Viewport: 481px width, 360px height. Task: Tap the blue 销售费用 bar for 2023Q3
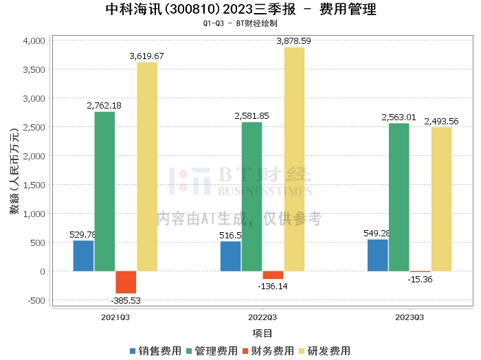[378, 255]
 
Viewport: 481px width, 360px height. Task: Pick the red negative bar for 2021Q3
[126, 282]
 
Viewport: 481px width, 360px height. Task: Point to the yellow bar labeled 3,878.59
[294, 159]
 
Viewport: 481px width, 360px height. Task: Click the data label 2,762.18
[104, 105]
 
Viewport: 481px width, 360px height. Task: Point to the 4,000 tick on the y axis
[34, 41]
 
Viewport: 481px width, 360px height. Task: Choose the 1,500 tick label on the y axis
[34, 185]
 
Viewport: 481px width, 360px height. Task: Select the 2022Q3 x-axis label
[262, 317]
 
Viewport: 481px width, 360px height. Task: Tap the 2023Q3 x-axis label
[410, 317]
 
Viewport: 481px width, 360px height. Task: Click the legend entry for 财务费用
[270, 350]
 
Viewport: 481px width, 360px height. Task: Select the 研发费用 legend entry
[326, 350]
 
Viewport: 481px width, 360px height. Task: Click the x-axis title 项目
[262, 333]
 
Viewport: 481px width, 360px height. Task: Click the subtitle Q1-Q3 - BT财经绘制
[240, 23]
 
